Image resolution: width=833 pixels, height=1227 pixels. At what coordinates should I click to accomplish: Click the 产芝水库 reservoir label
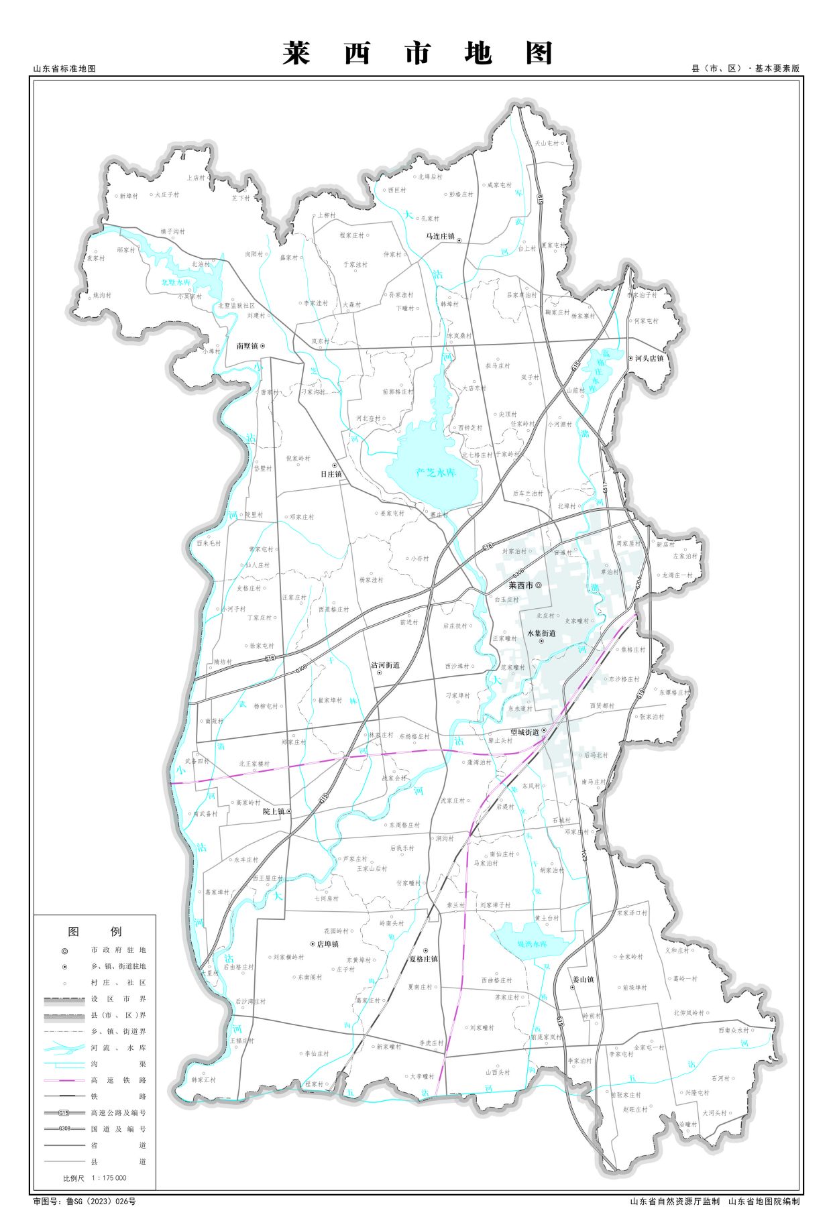436,473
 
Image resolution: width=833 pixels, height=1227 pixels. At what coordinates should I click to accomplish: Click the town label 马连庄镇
440,237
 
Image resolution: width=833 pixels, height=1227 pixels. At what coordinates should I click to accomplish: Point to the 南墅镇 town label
247,346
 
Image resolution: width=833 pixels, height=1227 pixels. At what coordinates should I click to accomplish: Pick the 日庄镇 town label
331,473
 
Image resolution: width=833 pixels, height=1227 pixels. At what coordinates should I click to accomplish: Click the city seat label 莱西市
520,585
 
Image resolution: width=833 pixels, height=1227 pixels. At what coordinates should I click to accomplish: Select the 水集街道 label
541,633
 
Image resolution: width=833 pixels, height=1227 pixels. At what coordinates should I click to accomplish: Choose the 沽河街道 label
385,665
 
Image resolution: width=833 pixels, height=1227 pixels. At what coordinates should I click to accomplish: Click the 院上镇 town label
274,811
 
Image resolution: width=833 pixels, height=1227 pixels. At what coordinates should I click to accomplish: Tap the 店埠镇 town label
327,943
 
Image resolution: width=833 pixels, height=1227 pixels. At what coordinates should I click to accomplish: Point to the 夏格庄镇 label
423,959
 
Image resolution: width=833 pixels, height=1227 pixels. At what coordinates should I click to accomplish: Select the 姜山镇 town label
582,979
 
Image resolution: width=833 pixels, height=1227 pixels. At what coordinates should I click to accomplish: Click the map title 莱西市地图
416,53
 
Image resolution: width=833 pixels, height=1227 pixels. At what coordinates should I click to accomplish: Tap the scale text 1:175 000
104,1177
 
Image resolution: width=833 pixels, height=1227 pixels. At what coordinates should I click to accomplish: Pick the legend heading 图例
95,931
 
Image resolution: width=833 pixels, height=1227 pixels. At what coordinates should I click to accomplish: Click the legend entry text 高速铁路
118,1080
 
